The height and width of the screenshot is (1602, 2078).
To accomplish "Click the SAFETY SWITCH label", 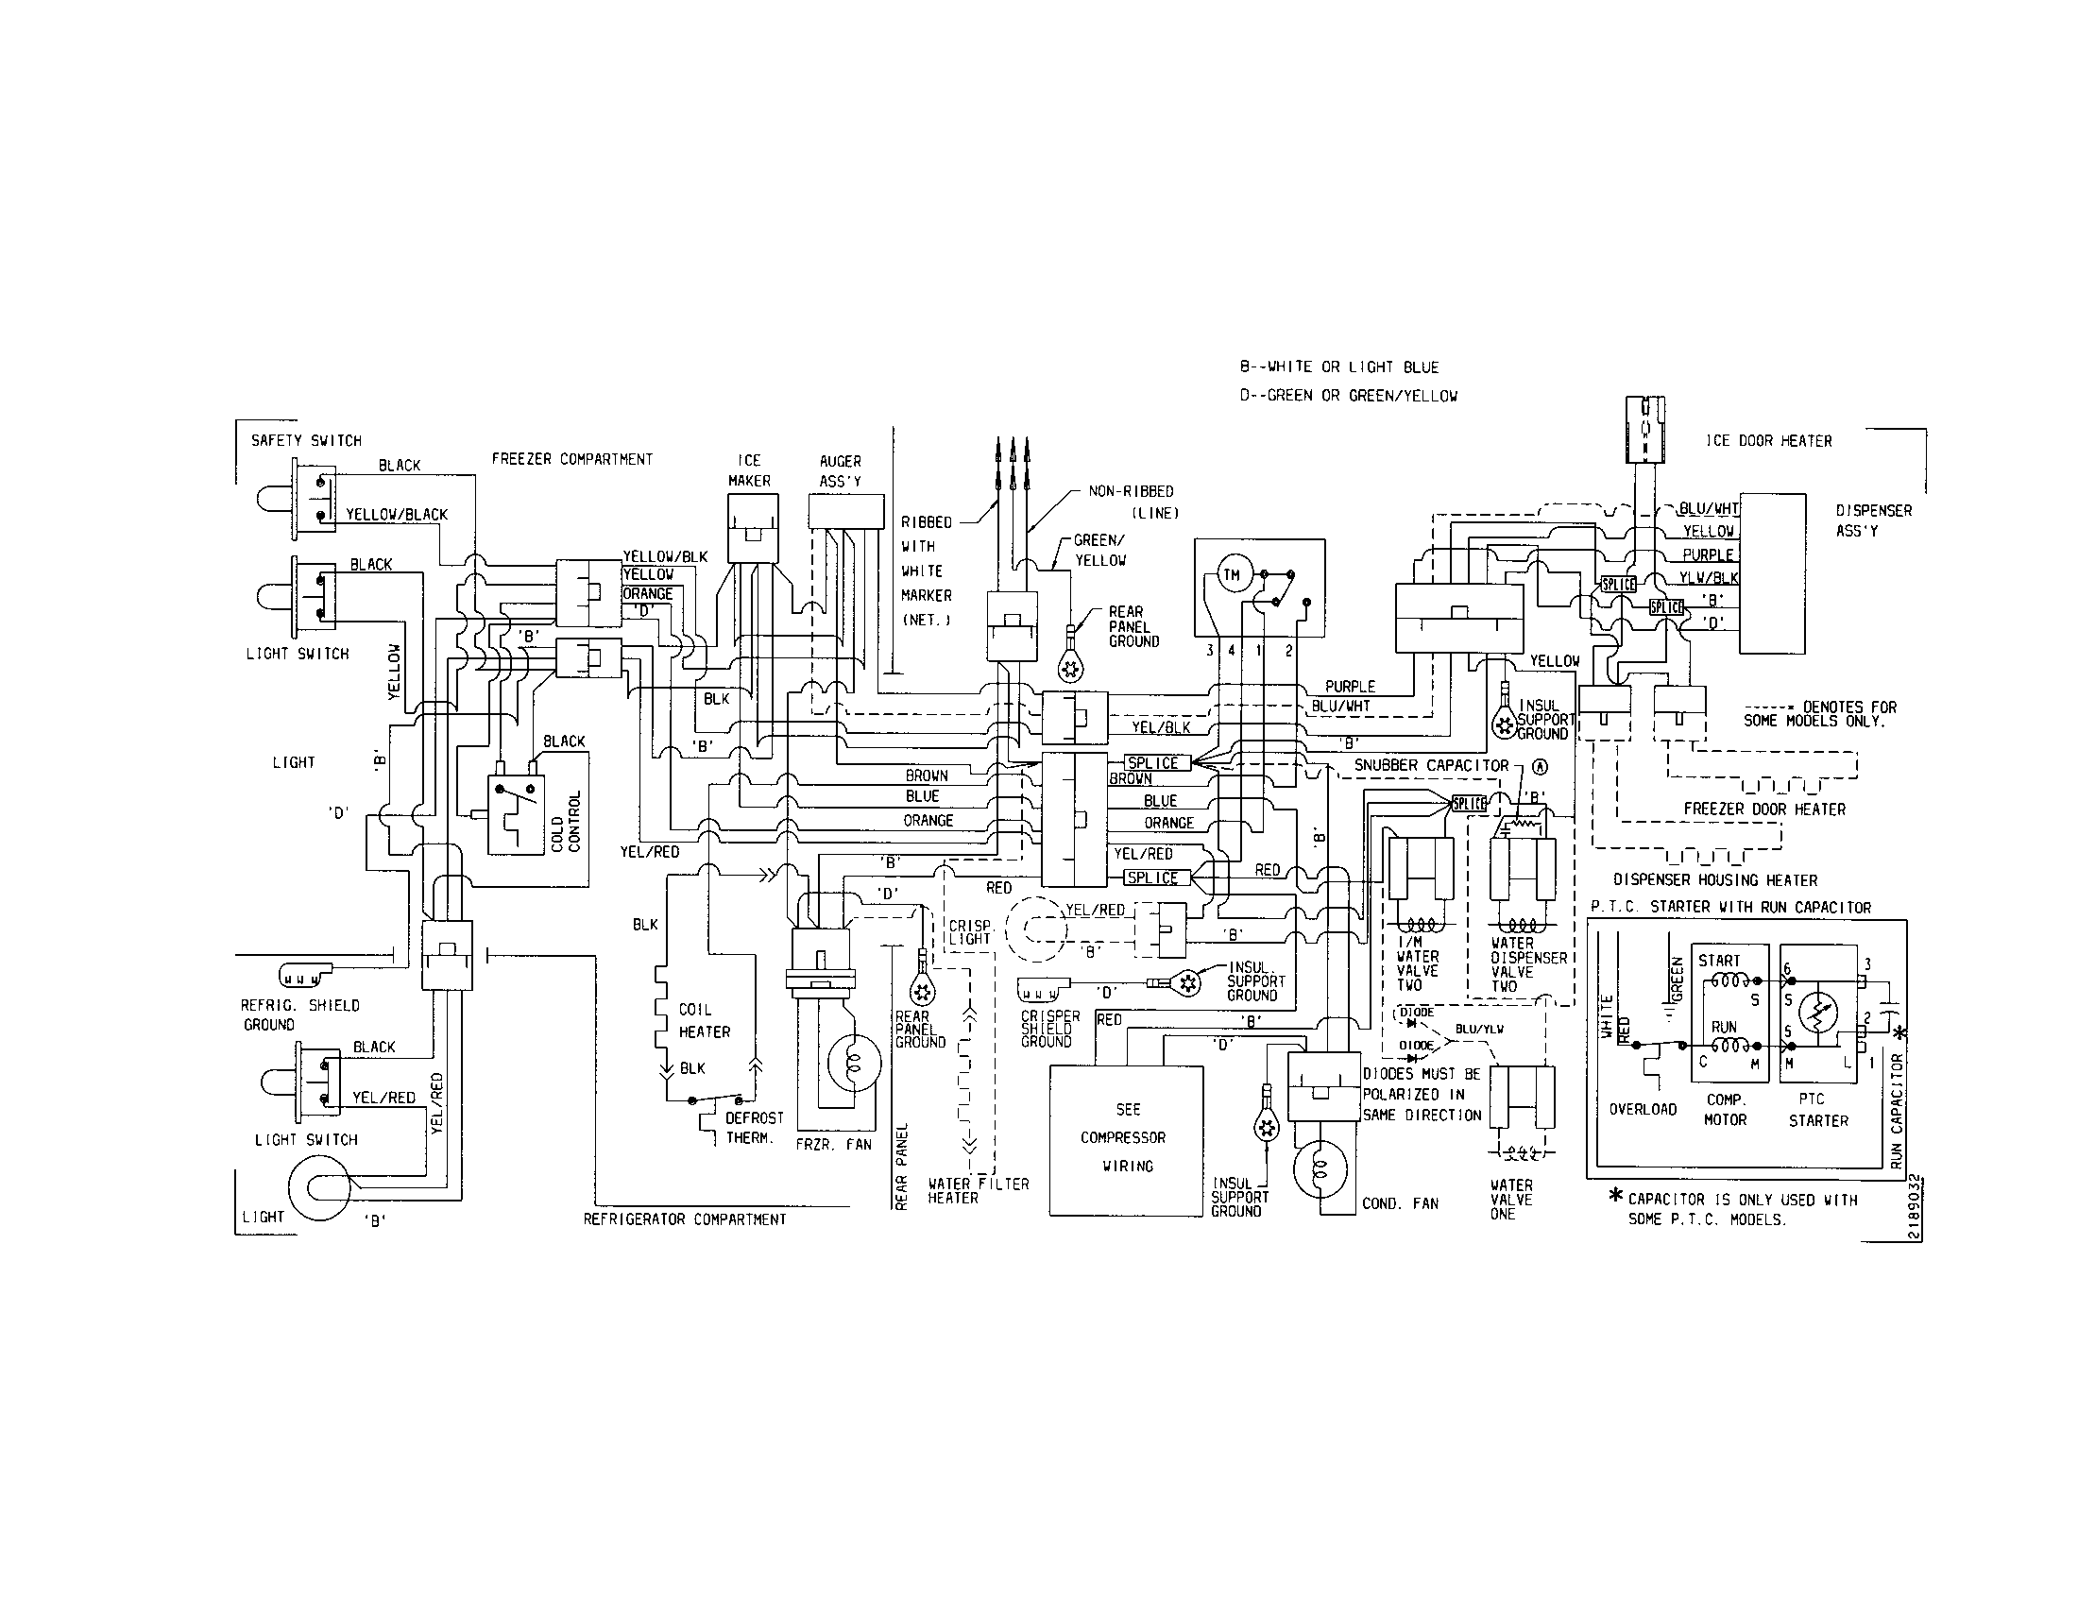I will pyautogui.click(x=305, y=440).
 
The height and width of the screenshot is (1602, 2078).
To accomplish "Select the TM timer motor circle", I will pyautogui.click(x=1231, y=574).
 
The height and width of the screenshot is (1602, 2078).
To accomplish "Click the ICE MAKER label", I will pyautogui.click(x=749, y=470).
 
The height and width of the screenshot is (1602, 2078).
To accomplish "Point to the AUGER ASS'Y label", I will pyautogui.click(x=839, y=471).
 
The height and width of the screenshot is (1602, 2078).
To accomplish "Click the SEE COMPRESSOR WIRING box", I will pyautogui.click(x=1127, y=1139).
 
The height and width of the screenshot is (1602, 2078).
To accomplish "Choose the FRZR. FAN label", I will pyautogui.click(x=833, y=1145).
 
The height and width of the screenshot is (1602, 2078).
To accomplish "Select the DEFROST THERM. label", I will pyautogui.click(x=755, y=1128).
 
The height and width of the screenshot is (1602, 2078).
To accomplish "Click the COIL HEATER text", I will pyautogui.click(x=704, y=1021).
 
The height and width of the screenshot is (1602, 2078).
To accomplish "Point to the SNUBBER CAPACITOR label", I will pyautogui.click(x=1431, y=765).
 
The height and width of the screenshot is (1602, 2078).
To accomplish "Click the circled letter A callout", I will pyautogui.click(x=1541, y=766).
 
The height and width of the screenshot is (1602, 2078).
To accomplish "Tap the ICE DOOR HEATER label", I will pyautogui.click(x=1768, y=440).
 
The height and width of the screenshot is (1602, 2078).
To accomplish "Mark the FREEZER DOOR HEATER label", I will pyautogui.click(x=1764, y=809).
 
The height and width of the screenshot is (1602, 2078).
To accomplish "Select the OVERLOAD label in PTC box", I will pyautogui.click(x=1643, y=1109).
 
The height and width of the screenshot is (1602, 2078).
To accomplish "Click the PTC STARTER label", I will pyautogui.click(x=1817, y=1110).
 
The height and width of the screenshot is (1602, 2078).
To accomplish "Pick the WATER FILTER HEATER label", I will pyautogui.click(x=979, y=1191).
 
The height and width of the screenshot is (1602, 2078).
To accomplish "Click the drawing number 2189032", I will pyautogui.click(x=1915, y=1208).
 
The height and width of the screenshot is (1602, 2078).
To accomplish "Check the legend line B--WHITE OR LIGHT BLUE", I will pyautogui.click(x=1337, y=367).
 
